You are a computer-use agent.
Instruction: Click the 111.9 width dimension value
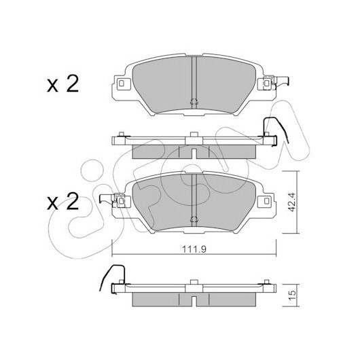pos(194,249)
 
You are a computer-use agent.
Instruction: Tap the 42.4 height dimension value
pos(292,202)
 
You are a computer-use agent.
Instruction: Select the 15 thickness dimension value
pos(292,295)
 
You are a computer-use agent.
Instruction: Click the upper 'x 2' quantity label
pos(63,84)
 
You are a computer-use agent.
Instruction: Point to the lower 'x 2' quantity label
pos(63,201)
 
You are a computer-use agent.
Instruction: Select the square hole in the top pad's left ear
pos(122,84)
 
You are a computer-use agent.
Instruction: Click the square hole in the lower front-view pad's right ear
pos(266,201)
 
